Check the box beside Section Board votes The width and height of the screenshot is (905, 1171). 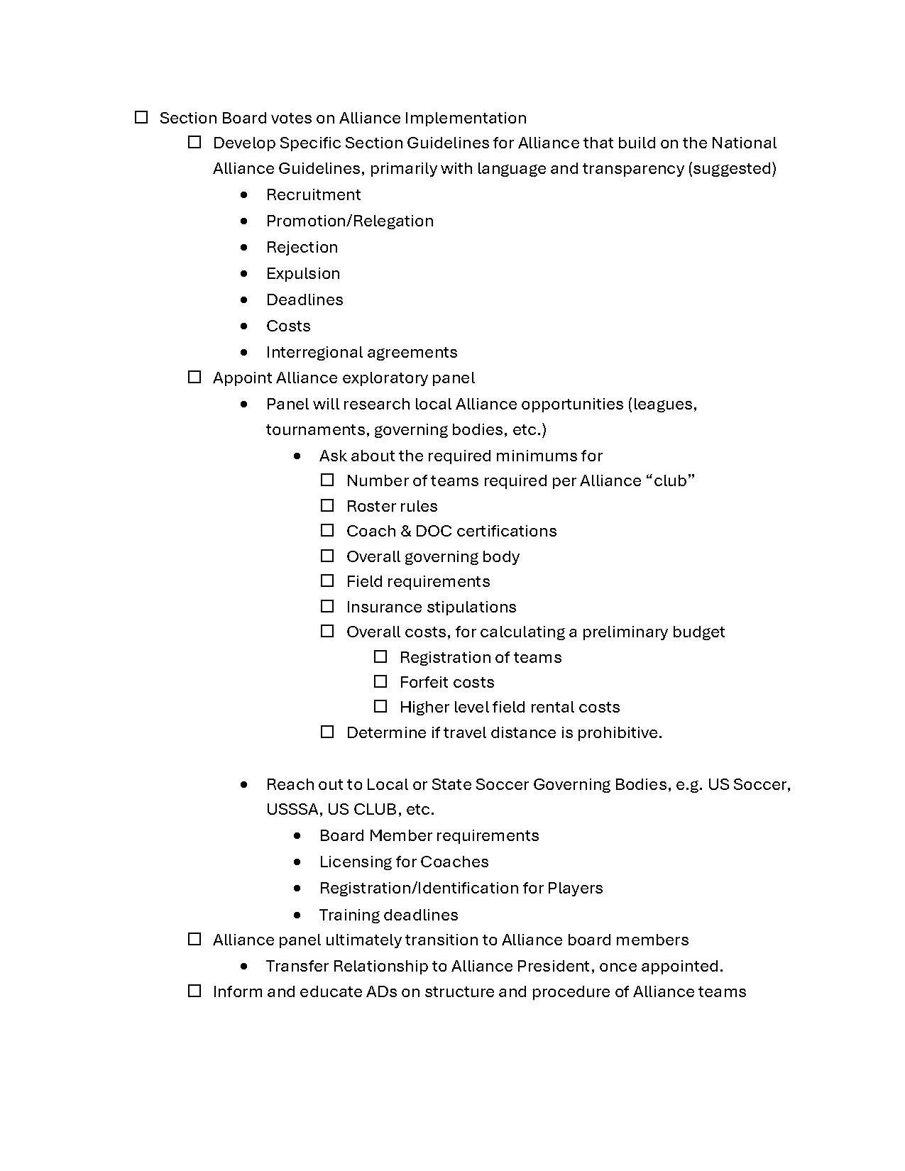(141, 117)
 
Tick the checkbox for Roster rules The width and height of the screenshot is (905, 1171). (327, 505)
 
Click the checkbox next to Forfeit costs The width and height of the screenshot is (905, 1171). (380, 681)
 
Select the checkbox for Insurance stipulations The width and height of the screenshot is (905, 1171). (327, 606)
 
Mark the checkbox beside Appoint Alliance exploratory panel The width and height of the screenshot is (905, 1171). (194, 377)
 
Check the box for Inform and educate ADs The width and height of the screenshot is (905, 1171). (194, 991)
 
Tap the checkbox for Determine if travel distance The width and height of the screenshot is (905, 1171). (327, 732)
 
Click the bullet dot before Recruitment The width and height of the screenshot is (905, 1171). (245, 194)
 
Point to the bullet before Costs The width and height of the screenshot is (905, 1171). (245, 326)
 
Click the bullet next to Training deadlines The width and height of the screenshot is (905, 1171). (297, 915)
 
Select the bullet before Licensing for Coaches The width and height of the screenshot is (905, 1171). (297, 862)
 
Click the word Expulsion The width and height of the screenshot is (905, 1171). (303, 273)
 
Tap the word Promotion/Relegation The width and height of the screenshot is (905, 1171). (350, 221)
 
